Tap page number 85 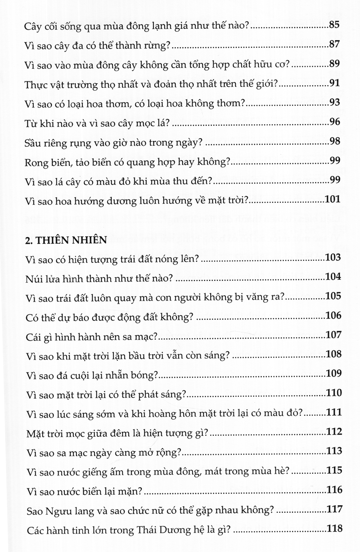coord(334,26)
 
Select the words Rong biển coord(44,162)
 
